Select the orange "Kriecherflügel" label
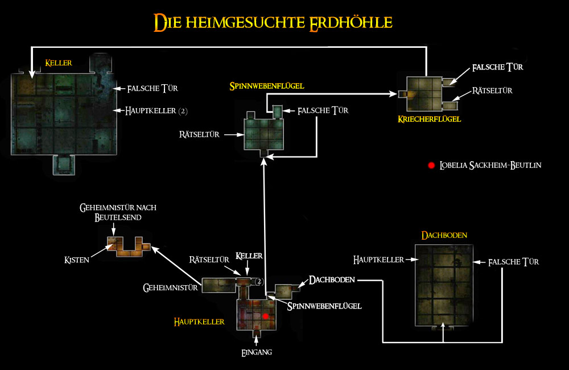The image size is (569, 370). coord(429,119)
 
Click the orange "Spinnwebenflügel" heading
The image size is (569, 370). coord(267,86)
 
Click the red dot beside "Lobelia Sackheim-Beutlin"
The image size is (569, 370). coord(431,166)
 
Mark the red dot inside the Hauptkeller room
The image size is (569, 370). coord(265,315)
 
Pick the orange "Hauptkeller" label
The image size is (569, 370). coord(199,322)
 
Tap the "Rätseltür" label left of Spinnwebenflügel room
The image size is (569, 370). coord(200,135)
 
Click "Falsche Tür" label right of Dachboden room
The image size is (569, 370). coord(513,262)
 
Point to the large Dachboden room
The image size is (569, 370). coord(444,285)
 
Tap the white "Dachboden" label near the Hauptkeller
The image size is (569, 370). coord(332,279)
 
